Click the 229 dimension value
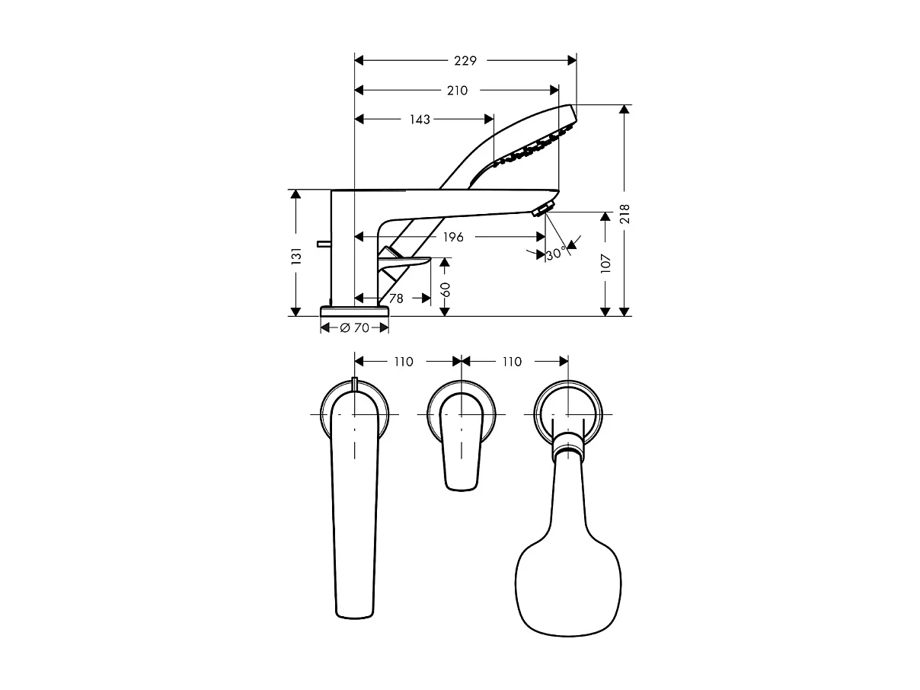point(465,61)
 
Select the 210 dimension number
point(457,91)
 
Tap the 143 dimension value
point(420,120)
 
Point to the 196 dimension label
point(452,237)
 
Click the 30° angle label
point(557,254)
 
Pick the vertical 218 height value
point(625,214)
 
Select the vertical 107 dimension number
point(606,264)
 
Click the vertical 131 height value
point(297,255)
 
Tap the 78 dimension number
point(396,299)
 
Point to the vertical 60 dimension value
point(446,289)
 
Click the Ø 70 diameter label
point(354,327)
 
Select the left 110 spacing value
point(403,362)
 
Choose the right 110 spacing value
point(512,362)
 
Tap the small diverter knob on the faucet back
point(323,244)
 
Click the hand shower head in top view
point(569,579)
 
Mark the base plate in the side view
point(354,311)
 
